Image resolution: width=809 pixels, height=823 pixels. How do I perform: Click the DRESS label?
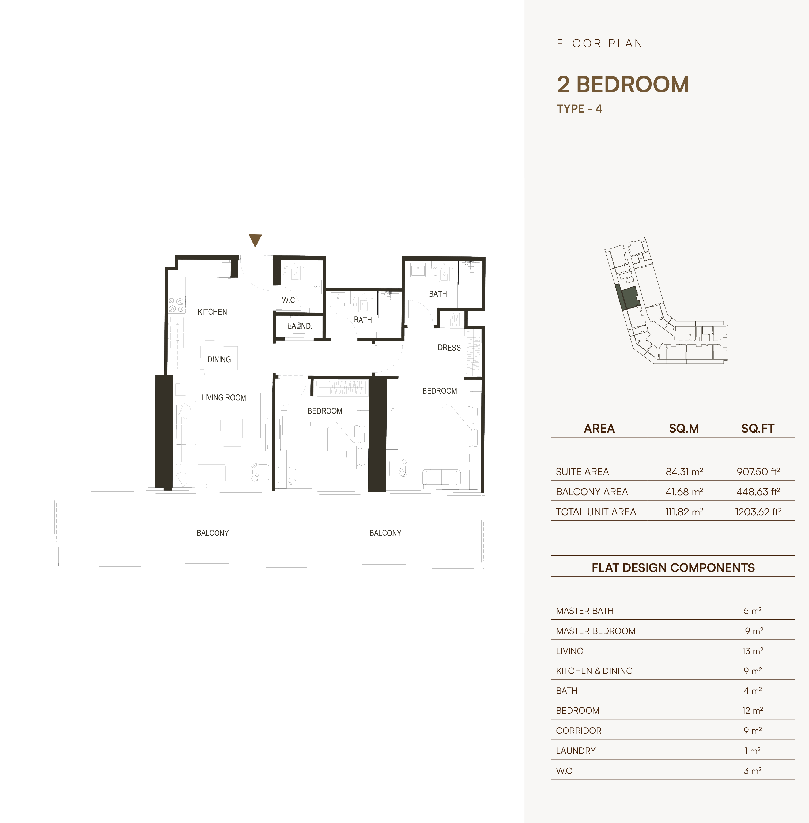point(449,348)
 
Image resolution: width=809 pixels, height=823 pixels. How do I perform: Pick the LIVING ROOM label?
point(224,398)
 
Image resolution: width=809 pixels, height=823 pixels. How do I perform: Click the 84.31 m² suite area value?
point(684,472)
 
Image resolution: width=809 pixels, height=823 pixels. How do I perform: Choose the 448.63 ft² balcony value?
point(758,492)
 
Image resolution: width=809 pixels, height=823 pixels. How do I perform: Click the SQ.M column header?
point(684,428)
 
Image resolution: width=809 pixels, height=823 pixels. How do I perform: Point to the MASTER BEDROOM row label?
point(596,631)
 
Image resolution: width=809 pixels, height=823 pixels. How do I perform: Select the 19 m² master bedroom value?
point(753,631)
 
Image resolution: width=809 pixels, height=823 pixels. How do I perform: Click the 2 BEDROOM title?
point(623,84)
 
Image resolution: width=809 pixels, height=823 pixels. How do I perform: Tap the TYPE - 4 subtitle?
point(580,109)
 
